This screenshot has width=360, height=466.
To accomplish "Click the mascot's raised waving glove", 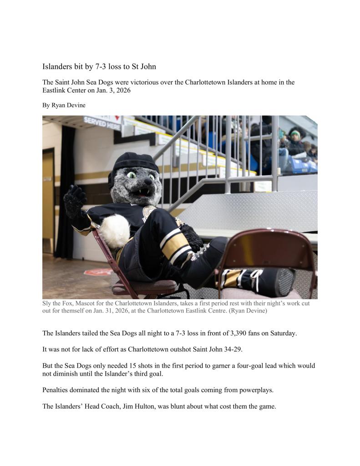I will pos(74,200).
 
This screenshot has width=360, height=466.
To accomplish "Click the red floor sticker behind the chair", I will pos(98,272).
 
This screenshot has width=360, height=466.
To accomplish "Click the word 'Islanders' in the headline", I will pos(56,67).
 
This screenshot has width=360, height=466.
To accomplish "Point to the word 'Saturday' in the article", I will pos(282,333).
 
